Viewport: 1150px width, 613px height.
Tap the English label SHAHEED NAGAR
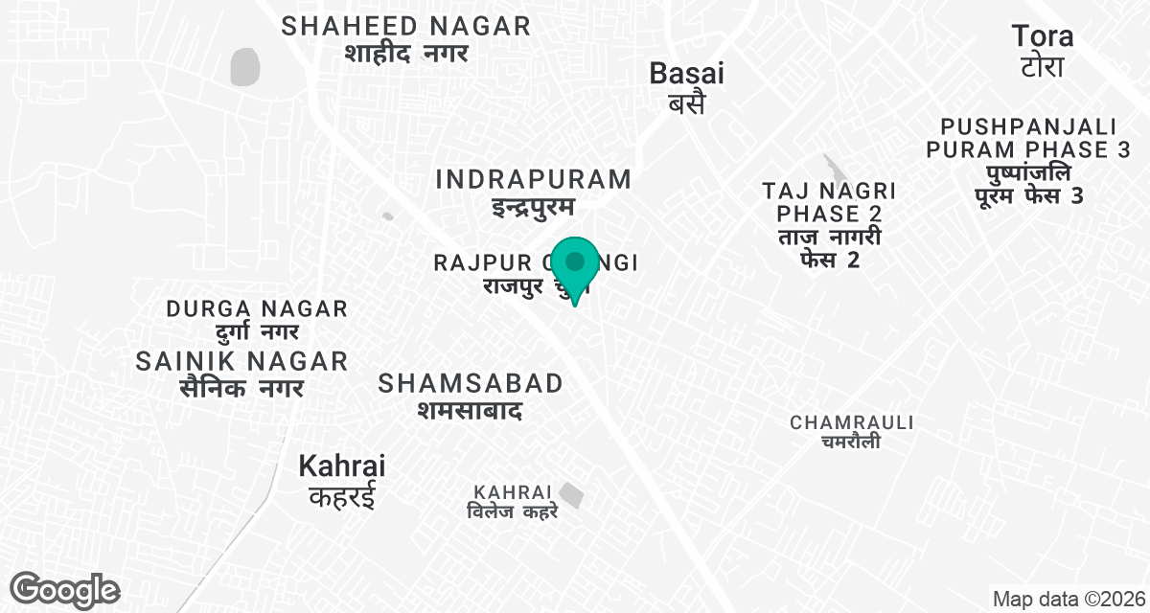coord(406,26)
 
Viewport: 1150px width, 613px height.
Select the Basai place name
coord(686,73)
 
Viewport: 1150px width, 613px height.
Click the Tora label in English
coord(1043,37)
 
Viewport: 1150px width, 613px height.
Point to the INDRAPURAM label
coord(534,179)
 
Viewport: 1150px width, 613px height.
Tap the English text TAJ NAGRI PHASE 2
coord(828,200)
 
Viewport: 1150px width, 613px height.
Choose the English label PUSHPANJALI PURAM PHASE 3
coord(1028,138)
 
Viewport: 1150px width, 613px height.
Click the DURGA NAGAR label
coord(257,309)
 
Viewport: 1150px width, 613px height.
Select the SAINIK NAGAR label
coord(241,361)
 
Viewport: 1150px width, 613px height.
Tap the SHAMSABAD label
coord(471,384)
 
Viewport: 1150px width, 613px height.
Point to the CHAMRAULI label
coord(852,422)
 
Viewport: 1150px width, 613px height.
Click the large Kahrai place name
coord(342,466)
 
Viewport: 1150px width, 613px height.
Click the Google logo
coord(65,590)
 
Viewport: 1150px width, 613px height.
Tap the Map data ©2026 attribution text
coord(1068,600)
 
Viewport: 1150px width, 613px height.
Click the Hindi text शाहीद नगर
coord(406,53)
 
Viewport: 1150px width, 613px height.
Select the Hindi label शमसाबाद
coord(469,410)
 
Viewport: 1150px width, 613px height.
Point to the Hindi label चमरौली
coord(851,442)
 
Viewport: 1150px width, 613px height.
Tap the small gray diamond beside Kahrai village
coord(571,495)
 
